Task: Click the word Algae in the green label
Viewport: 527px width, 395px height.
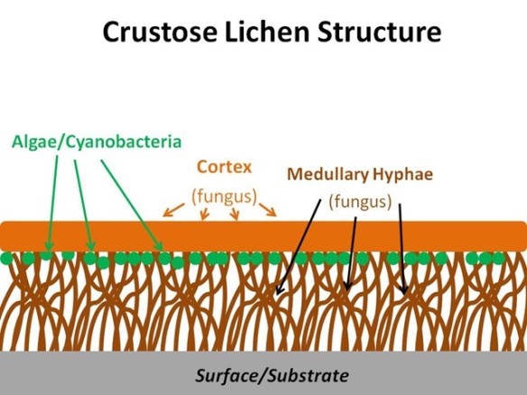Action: [34, 142]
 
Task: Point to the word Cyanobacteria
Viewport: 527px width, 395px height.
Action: [122, 142]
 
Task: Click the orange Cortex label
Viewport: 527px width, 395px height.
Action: [224, 168]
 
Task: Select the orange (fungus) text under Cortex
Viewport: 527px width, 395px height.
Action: [224, 194]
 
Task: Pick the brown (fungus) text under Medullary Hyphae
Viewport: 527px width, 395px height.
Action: [359, 201]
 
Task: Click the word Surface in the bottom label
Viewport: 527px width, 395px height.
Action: [227, 375]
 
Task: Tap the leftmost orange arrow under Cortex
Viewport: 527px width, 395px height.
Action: [172, 211]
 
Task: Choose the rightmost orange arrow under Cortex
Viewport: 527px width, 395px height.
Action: [267, 210]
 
